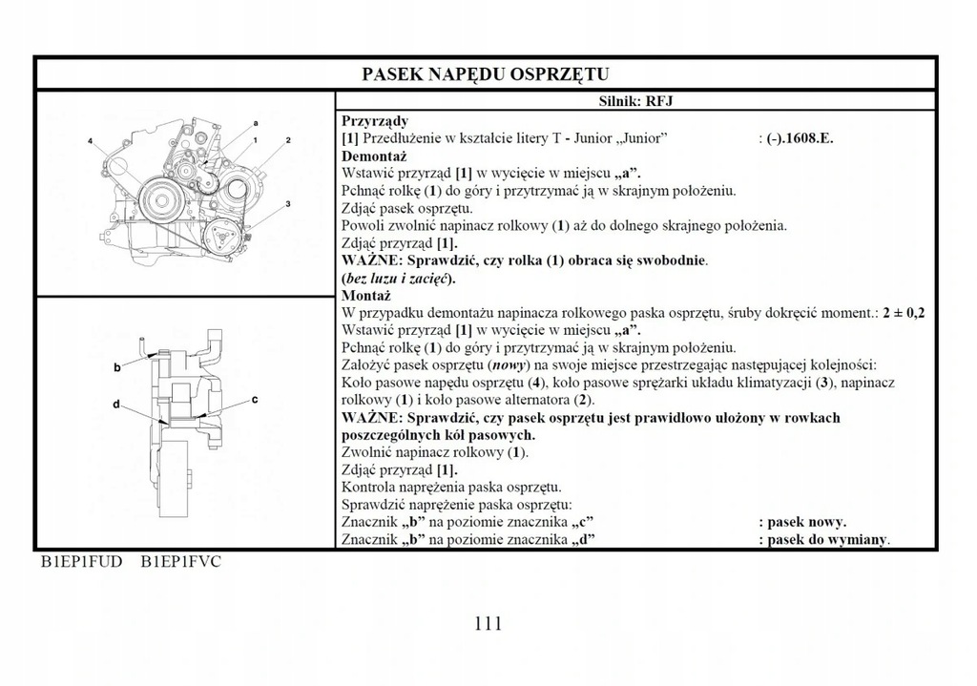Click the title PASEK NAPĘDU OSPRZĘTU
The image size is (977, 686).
[x=486, y=74]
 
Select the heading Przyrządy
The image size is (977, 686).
[x=375, y=121]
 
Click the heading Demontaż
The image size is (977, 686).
[x=374, y=156]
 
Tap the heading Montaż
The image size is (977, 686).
[x=367, y=296]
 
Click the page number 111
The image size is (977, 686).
[x=488, y=624]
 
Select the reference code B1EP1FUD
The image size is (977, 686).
[x=81, y=561]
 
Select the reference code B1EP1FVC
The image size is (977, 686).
[x=180, y=561]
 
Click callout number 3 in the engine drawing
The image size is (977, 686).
[x=287, y=204]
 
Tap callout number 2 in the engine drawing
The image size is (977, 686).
[x=287, y=141]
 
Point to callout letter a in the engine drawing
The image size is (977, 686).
[x=256, y=124]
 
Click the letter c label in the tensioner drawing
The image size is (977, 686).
[x=256, y=401]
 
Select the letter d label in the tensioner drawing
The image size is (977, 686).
[x=115, y=405]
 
